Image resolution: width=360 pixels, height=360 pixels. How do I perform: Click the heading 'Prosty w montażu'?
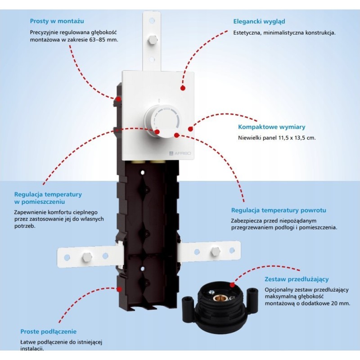tap(57, 21)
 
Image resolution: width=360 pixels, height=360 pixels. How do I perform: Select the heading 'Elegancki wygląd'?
tap(259, 22)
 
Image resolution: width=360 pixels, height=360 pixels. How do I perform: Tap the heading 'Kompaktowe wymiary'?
tap(272, 127)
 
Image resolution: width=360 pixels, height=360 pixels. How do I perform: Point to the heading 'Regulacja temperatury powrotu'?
tap(279, 210)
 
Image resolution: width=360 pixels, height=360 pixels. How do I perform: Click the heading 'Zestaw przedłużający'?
tap(297, 279)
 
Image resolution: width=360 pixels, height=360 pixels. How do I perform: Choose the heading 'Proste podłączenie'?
tap(49, 332)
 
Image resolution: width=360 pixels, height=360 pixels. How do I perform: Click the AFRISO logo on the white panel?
tap(180, 153)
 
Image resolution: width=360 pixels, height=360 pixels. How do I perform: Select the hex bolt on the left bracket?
tap(87, 256)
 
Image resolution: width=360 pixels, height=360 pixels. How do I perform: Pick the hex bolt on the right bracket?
tap(215, 252)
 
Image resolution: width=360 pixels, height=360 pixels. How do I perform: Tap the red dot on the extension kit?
tap(232, 285)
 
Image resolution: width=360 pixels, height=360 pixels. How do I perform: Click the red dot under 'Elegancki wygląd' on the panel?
tap(183, 88)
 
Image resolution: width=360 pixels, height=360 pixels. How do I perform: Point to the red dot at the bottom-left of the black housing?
tap(119, 289)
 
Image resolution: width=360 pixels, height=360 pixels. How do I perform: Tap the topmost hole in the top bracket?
tap(152, 20)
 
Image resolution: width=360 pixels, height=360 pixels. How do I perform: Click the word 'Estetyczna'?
tap(247, 32)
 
